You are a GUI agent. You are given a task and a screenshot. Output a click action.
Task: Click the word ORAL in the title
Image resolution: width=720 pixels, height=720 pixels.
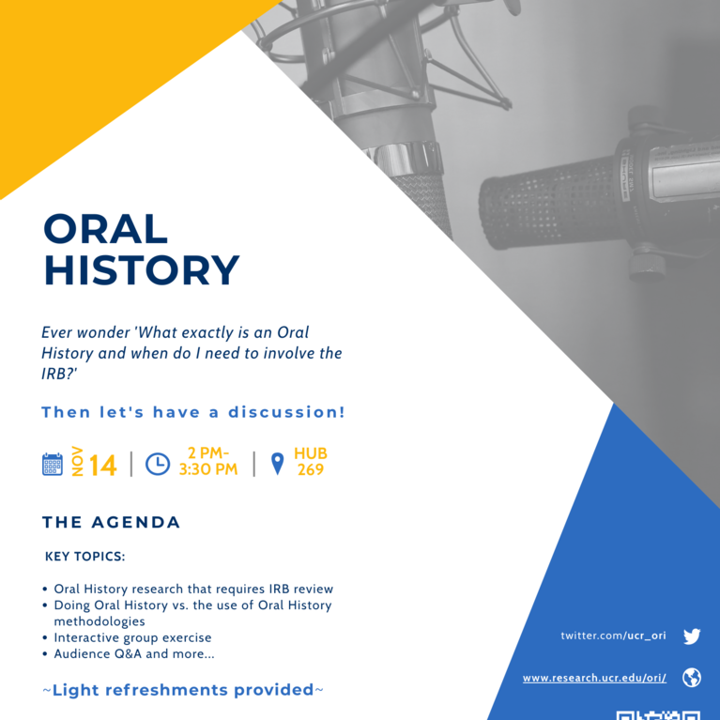click(106, 230)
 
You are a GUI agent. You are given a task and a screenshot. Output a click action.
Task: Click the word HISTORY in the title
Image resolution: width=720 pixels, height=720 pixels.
click(142, 270)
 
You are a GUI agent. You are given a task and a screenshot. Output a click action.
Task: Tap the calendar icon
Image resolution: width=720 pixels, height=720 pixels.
click(53, 464)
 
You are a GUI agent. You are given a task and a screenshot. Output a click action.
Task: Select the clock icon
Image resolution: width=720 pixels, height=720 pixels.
click(158, 464)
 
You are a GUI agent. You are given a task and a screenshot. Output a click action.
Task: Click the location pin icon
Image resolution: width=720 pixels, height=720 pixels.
click(277, 464)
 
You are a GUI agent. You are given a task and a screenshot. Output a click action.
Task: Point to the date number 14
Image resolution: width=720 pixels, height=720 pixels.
click(102, 465)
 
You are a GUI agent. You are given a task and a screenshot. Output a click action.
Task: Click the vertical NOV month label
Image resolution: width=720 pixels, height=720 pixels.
click(78, 463)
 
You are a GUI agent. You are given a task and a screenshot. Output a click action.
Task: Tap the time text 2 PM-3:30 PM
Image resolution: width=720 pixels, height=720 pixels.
click(208, 462)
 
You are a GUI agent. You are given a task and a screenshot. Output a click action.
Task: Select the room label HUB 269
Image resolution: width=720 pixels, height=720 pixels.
click(311, 462)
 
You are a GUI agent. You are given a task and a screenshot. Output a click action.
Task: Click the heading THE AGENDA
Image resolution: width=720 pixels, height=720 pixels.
click(112, 522)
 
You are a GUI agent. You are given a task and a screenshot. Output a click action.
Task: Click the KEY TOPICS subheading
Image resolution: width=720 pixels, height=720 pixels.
click(85, 557)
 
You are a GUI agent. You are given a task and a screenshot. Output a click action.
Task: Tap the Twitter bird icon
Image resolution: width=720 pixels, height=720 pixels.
click(692, 636)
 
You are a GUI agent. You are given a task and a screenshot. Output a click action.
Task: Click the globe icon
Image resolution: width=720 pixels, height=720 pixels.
click(692, 678)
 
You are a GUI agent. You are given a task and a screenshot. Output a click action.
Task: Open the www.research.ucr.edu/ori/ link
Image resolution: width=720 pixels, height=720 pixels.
click(594, 678)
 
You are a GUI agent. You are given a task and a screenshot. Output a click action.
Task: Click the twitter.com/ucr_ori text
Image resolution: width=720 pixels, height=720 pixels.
click(613, 636)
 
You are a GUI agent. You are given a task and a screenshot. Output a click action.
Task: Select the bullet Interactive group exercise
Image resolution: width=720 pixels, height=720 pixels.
click(132, 637)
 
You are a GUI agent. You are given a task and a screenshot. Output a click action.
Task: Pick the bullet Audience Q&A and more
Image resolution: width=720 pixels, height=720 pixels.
click(133, 653)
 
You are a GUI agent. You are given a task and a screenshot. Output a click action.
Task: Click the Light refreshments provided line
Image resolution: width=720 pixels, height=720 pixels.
click(183, 690)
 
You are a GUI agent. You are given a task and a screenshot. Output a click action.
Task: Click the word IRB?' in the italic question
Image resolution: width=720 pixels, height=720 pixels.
click(58, 373)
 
